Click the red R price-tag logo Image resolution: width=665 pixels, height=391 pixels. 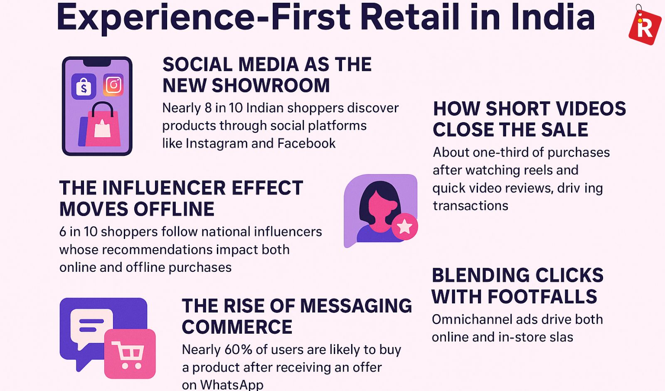click(x=645, y=26)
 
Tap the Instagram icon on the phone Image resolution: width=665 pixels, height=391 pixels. click(x=113, y=85)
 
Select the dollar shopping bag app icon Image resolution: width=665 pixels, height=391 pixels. click(x=84, y=86)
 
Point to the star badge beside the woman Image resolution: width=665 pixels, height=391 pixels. click(x=405, y=226)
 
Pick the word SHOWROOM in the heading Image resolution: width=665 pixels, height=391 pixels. click(x=271, y=86)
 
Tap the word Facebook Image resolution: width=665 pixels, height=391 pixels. click(x=306, y=143)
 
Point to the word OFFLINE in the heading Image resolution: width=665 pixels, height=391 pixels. click(x=174, y=209)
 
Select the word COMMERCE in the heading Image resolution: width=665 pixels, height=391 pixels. click(x=237, y=327)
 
